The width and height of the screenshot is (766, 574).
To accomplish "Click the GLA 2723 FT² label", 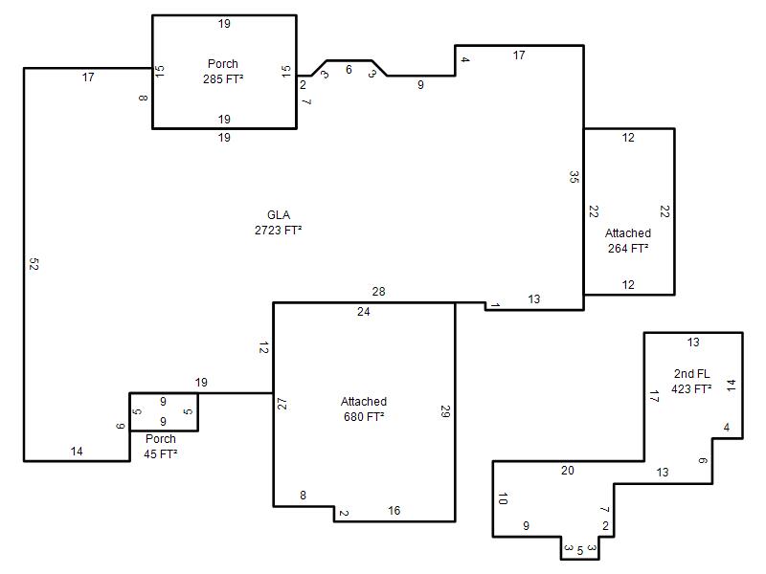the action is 278,223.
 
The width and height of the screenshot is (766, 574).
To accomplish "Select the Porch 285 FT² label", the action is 223,71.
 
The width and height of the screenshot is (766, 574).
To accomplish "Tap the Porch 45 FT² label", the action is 161,446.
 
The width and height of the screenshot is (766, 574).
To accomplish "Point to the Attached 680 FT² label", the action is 364,409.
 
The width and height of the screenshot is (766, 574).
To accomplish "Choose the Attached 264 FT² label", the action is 628,241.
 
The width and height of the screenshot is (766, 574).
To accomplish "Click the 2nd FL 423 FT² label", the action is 691,381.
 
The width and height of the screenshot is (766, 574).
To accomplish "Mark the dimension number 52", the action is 34,264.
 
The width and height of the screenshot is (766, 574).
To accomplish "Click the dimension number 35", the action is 574,177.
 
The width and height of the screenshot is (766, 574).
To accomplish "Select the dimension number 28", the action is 378,292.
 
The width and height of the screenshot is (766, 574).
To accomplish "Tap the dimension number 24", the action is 364,312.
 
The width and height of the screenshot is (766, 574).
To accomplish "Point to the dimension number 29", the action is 445,411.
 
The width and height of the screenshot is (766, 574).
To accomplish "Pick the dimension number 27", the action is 282,404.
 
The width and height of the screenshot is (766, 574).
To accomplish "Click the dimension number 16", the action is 394,511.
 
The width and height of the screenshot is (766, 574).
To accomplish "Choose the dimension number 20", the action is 568,471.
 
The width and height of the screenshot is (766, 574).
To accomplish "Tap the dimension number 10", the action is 503,498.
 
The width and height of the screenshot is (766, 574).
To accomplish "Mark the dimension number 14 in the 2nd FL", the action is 731,386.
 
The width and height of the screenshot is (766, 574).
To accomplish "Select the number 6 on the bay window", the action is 349,70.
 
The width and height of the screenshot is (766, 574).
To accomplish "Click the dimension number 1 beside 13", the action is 495,305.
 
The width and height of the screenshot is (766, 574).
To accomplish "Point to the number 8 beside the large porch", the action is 143,98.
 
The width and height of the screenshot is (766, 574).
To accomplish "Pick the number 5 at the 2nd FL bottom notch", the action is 580,551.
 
